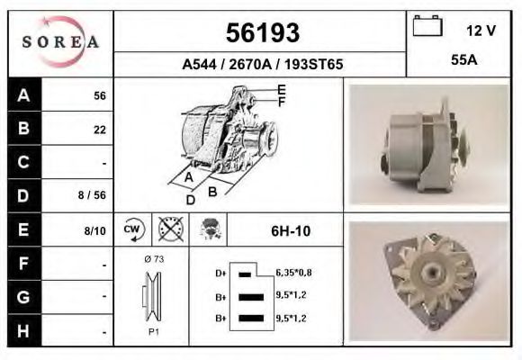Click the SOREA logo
click(60, 42)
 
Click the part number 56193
click(261, 33)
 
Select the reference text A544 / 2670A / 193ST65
click(262, 65)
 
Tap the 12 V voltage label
click(481, 31)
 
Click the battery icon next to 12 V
click(428, 28)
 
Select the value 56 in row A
click(100, 96)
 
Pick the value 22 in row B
click(100, 130)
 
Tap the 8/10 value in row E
click(94, 230)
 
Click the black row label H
click(23, 330)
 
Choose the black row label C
click(23, 163)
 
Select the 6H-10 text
click(291, 230)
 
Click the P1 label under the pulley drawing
click(152, 331)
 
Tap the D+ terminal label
click(220, 273)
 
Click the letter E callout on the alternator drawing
click(281, 89)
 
